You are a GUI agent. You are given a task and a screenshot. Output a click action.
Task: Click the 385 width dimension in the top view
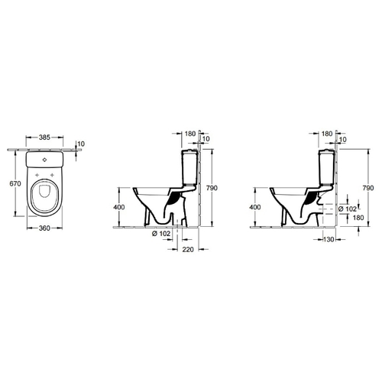coord(44,138)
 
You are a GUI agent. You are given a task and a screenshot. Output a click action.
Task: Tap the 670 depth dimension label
coord(15,183)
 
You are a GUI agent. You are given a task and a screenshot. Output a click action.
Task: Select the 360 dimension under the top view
coord(44,228)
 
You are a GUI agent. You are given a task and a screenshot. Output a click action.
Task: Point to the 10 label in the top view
coord(81,144)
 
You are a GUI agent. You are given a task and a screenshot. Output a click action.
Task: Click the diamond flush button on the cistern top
coord(44,160)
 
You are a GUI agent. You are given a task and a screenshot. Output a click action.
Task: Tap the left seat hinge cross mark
coord(37,175)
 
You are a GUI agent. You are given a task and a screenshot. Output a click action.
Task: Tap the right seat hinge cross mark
coord(52,175)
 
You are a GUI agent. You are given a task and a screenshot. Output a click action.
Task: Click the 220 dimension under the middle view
coord(188,250)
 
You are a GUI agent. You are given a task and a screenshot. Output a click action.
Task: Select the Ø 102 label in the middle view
coord(161,234)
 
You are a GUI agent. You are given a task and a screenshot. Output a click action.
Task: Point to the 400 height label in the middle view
coord(119,207)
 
